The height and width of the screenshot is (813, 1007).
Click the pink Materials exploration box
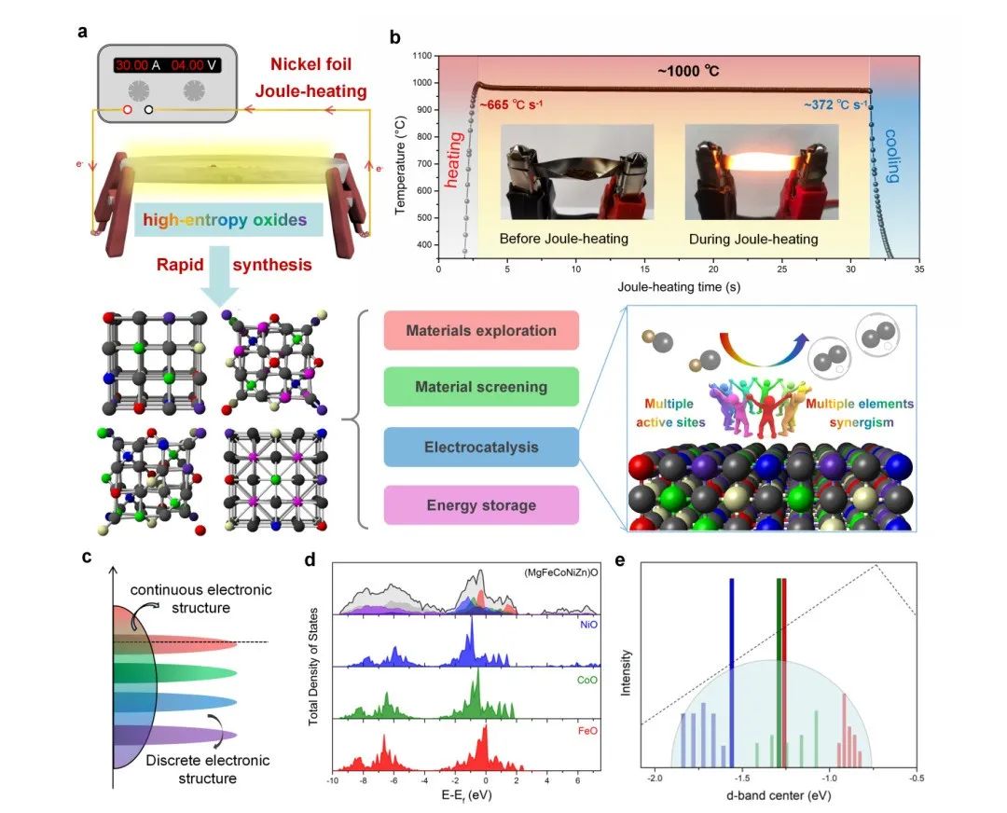481,331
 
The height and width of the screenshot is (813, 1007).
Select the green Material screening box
481,386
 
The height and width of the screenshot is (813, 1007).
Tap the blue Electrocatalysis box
481,448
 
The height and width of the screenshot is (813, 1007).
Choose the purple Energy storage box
481,505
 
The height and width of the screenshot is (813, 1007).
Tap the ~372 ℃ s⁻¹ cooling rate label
835,104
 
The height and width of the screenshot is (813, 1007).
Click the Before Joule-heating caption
563,240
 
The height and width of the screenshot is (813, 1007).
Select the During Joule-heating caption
752,240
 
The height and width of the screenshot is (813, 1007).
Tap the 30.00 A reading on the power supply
138,65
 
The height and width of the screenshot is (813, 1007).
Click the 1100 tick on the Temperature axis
420,56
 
